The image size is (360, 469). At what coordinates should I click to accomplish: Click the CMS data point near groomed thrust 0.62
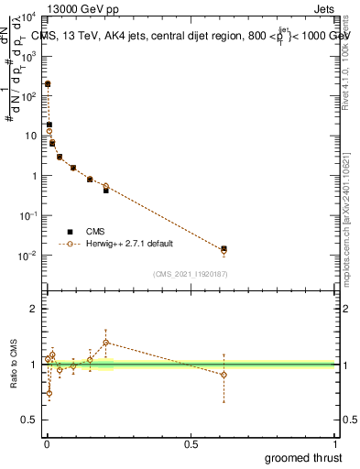coord(224,248)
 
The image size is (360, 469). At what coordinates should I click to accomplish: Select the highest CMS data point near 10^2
coord(48,83)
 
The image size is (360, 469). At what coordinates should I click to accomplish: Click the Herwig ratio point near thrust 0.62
coord(224,375)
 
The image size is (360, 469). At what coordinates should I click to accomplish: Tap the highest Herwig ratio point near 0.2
coord(105,343)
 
